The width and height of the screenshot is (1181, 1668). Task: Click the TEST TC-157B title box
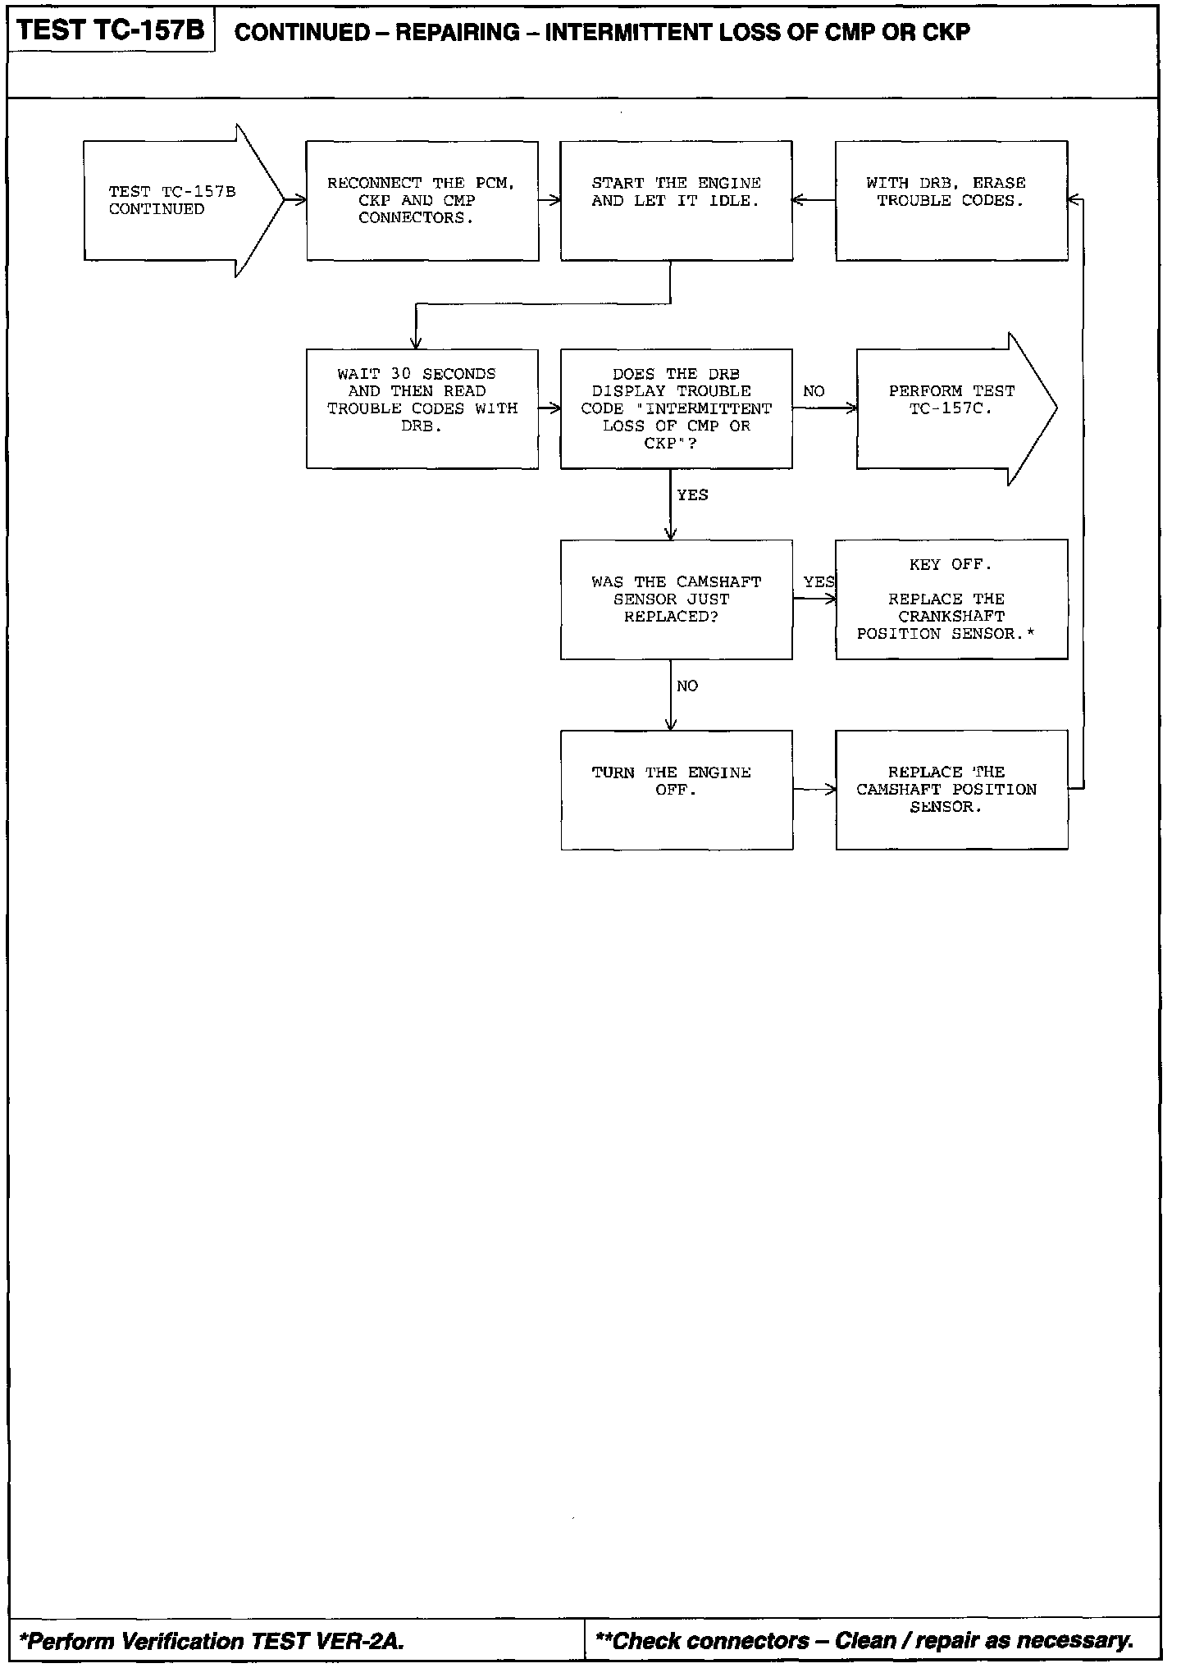pyautogui.click(x=111, y=31)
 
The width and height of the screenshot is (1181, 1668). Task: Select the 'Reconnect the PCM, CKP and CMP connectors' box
pyautogui.click(x=422, y=201)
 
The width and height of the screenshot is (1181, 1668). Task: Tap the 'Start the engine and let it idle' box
pyautogui.click(x=677, y=201)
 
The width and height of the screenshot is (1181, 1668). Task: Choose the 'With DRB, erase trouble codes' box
pyautogui.click(x=951, y=201)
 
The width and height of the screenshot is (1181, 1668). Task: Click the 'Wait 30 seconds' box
pyautogui.click(x=422, y=408)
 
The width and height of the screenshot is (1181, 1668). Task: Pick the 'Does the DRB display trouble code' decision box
pyautogui.click(x=677, y=408)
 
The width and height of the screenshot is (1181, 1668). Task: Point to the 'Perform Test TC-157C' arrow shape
pyautogui.click(x=951, y=408)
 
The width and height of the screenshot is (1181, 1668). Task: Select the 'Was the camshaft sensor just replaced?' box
pyautogui.click(x=677, y=599)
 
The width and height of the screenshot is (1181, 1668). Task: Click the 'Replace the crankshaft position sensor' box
pyautogui.click(x=951, y=599)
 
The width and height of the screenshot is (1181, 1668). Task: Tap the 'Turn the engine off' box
pyautogui.click(x=677, y=790)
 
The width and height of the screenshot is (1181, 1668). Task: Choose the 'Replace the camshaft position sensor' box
pyautogui.click(x=951, y=790)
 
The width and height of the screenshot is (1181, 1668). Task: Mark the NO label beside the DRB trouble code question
pyautogui.click(x=814, y=392)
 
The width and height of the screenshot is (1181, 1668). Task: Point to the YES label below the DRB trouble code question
pyautogui.click(x=693, y=495)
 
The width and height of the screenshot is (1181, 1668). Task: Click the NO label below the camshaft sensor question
pyautogui.click(x=688, y=686)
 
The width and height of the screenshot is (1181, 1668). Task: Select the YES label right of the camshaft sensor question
pyautogui.click(x=818, y=582)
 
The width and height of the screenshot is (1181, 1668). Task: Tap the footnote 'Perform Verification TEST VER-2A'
pyautogui.click(x=212, y=1640)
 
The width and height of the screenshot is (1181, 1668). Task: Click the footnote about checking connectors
pyautogui.click(x=864, y=1640)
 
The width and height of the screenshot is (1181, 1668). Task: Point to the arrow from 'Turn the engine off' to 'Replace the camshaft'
pyautogui.click(x=814, y=790)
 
